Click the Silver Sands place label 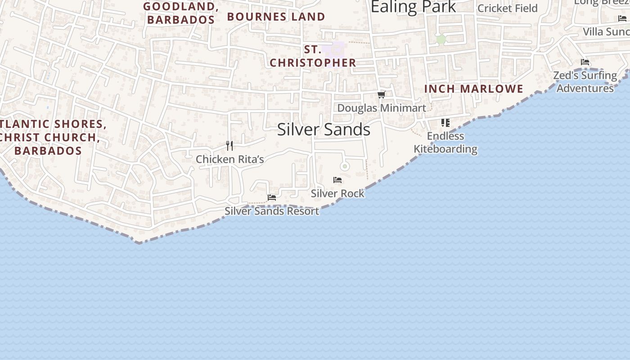[x=324, y=130]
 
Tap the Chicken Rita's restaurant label [x=229, y=159]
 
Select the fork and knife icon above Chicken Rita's [x=229, y=145]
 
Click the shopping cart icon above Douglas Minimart [x=381, y=94]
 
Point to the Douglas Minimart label [x=381, y=108]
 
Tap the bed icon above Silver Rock [x=337, y=180]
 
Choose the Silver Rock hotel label [x=337, y=193]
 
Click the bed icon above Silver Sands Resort [x=272, y=197]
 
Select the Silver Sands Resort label [x=272, y=211]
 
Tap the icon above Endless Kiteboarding [x=445, y=122]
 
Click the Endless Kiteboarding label [x=445, y=142]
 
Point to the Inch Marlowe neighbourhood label [x=474, y=89]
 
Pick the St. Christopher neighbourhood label [x=313, y=56]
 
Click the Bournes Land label [x=276, y=17]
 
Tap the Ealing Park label [x=413, y=7]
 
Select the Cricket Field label [x=507, y=8]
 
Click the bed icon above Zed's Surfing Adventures [x=585, y=62]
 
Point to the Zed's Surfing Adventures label [x=585, y=81]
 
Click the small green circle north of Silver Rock [x=345, y=166]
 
